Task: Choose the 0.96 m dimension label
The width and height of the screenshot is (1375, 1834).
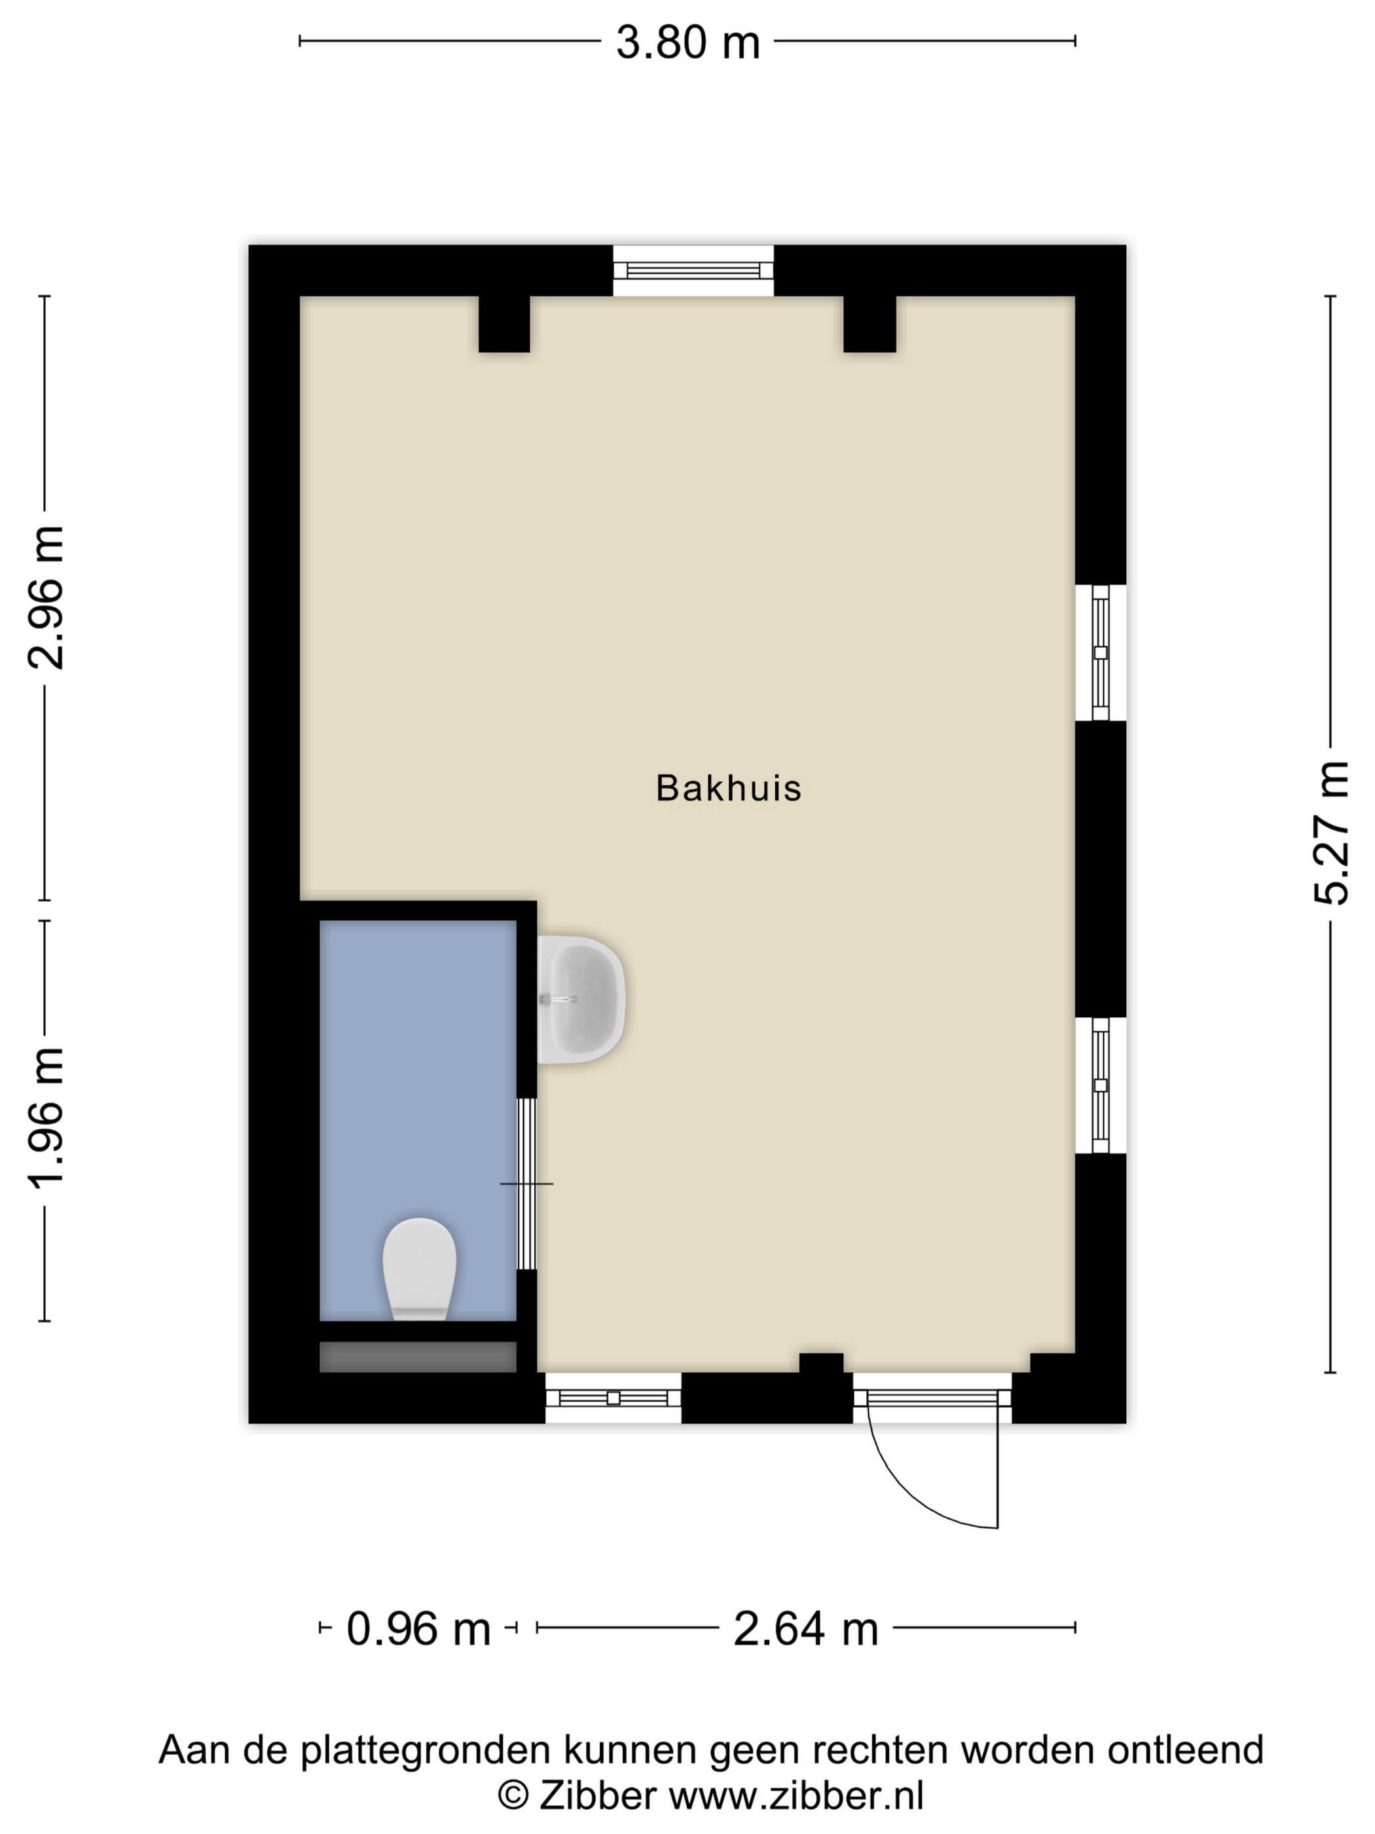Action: coord(418,1628)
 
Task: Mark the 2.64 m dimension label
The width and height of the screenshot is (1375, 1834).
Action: coord(805,1628)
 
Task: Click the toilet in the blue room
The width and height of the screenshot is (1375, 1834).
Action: coord(420,1267)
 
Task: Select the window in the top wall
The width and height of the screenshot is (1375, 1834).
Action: coord(693,271)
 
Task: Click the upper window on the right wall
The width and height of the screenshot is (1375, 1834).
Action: coord(1101,652)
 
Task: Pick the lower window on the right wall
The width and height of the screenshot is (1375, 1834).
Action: coord(1101,1085)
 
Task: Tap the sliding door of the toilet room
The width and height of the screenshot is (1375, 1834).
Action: coord(526,1184)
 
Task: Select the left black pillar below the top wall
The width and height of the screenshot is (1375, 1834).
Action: coord(504,324)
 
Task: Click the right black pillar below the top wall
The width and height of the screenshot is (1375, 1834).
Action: coord(870,324)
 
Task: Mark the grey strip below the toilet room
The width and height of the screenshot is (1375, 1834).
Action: coord(418,1357)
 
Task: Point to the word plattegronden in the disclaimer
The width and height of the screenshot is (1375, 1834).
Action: coord(425,1751)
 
